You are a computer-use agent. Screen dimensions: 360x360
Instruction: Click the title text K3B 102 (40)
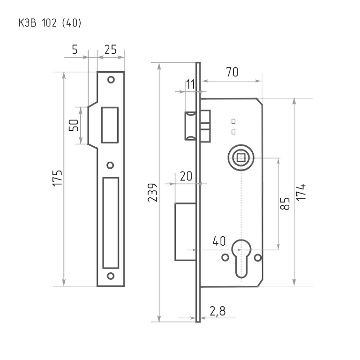pyautogui.click(x=50, y=23)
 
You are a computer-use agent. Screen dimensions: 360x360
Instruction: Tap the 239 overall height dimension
pyautogui.click(x=153, y=192)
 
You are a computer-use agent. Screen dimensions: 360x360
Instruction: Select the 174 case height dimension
pyautogui.click(x=301, y=192)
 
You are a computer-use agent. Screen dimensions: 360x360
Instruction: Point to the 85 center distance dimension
pyautogui.click(x=285, y=203)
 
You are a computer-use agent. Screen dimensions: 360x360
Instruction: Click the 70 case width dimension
pyautogui.click(x=232, y=72)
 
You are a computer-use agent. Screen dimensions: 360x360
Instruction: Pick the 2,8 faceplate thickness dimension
pyautogui.click(x=217, y=311)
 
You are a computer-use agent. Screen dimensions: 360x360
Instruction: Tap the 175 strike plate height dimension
pyautogui.click(x=57, y=178)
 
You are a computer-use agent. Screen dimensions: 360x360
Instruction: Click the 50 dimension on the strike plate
pyautogui.click(x=74, y=125)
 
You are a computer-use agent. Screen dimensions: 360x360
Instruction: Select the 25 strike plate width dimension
pyautogui.click(x=111, y=50)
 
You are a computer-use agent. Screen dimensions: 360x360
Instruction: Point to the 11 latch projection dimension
pyautogui.click(x=190, y=84)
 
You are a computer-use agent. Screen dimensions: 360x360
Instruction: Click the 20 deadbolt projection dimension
pyautogui.click(x=186, y=176)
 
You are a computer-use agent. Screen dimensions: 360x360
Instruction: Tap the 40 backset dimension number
pyautogui.click(x=219, y=241)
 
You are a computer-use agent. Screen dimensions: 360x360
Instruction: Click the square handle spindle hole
pyautogui.click(x=241, y=157)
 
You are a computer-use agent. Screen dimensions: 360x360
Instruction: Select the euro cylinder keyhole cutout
pyautogui.click(x=241, y=258)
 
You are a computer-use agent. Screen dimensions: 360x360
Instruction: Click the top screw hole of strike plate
pyautogui.click(x=111, y=80)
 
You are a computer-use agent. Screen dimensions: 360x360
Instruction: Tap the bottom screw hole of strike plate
pyautogui.click(x=111, y=276)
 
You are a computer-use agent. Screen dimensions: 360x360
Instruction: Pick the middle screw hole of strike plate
pyautogui.click(x=111, y=165)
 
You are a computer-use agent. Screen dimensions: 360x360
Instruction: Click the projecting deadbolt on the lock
pyautogui.click(x=186, y=232)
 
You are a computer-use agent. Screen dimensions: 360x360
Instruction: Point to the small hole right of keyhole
pyautogui.click(x=258, y=258)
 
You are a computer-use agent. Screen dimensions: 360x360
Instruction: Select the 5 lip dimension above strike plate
pyautogui.click(x=75, y=50)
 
